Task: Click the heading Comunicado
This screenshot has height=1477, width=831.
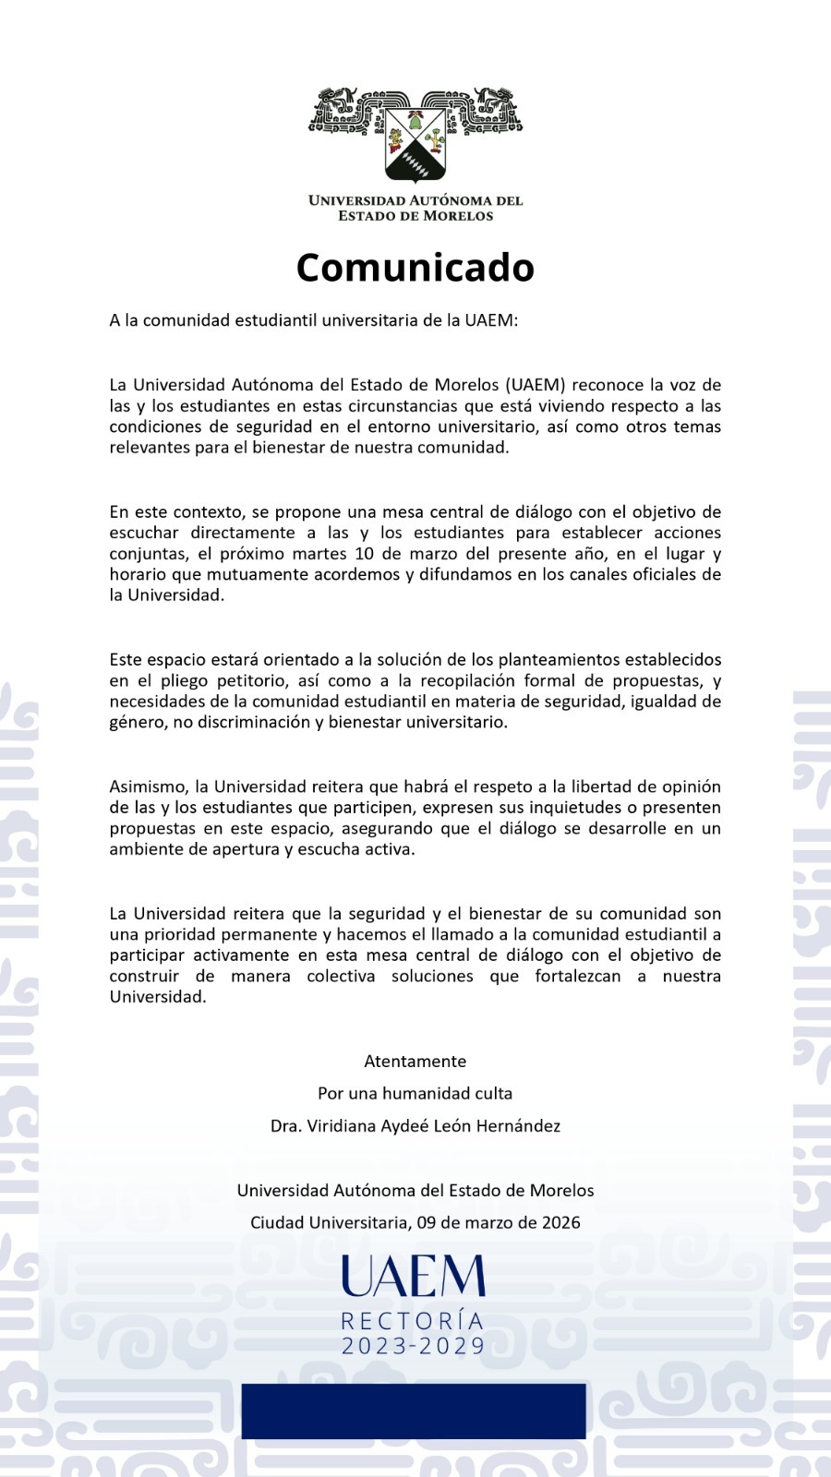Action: tap(415, 268)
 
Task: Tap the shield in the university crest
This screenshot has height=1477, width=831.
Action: tap(415, 144)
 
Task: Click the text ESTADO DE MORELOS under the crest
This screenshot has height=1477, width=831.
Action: tap(415, 216)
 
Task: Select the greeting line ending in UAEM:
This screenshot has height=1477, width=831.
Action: tap(314, 320)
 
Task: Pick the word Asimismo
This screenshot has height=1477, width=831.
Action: tap(149, 787)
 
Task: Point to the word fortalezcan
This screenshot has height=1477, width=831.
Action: tap(578, 976)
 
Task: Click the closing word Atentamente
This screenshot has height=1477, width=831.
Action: tap(415, 1062)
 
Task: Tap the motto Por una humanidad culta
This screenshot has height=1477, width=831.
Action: tap(415, 1093)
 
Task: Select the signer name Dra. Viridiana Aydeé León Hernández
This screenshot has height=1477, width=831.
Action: tap(415, 1126)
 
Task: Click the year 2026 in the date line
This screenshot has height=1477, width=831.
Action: tap(560, 1222)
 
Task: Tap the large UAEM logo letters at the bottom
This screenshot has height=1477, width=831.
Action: tap(413, 1277)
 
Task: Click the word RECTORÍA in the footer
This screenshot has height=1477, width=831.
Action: tap(413, 1322)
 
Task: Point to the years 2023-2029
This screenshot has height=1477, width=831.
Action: tap(413, 1346)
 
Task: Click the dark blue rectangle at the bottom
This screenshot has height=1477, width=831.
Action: tap(414, 1411)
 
